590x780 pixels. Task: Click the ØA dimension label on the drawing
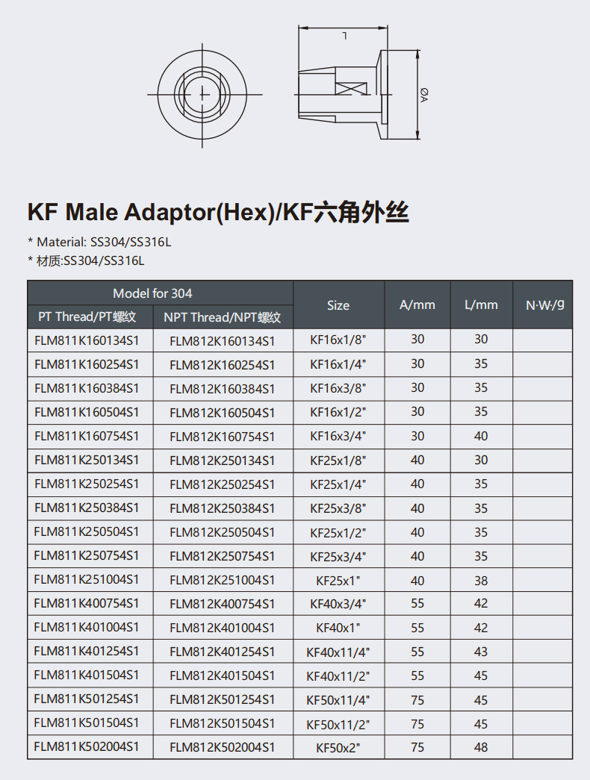(x=424, y=95)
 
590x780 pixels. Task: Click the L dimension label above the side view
(x=344, y=35)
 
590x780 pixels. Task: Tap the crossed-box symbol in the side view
(x=351, y=89)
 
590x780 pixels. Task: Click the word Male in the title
(x=93, y=212)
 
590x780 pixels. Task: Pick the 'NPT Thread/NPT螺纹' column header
(x=223, y=317)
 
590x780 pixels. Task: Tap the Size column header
(x=338, y=305)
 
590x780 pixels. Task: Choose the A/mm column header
(x=417, y=305)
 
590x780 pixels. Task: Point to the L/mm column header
(x=482, y=305)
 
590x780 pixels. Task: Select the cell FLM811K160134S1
(x=87, y=341)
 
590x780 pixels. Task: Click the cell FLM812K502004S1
(x=222, y=747)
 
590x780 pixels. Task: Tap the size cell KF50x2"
(x=338, y=747)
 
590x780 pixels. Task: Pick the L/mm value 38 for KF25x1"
(x=481, y=580)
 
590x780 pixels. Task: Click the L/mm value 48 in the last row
(x=481, y=747)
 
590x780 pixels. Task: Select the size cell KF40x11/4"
(x=338, y=652)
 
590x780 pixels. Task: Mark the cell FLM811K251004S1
(x=87, y=579)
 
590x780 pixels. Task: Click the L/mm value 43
(x=481, y=652)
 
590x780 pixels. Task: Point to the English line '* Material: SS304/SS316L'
(x=99, y=243)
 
